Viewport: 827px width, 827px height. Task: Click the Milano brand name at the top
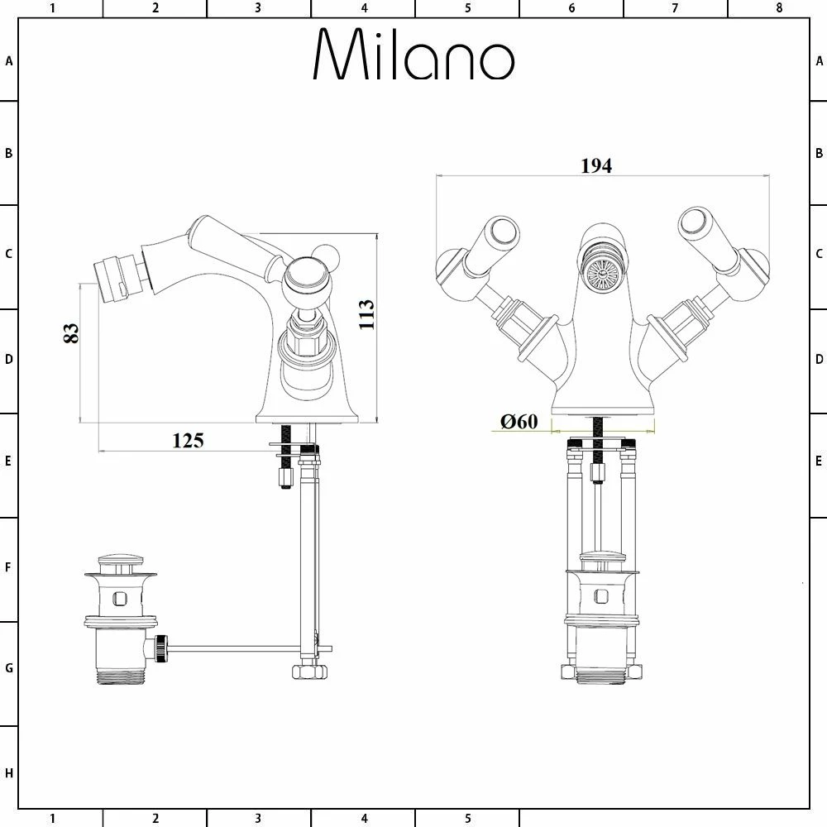click(x=413, y=56)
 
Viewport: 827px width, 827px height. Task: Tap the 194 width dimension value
click(x=595, y=165)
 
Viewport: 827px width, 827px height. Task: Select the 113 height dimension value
click(x=366, y=314)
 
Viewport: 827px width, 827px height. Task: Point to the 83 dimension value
click(x=71, y=332)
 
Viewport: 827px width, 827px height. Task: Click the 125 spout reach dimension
click(x=188, y=440)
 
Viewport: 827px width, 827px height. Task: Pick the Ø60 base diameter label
click(x=519, y=422)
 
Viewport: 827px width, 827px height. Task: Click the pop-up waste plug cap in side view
click(x=121, y=562)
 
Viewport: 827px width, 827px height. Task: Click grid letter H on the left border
click(x=9, y=773)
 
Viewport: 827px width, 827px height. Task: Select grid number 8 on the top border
click(x=779, y=8)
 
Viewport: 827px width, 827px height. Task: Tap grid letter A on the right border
click(x=818, y=60)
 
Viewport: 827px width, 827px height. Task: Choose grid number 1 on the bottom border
click(x=52, y=819)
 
